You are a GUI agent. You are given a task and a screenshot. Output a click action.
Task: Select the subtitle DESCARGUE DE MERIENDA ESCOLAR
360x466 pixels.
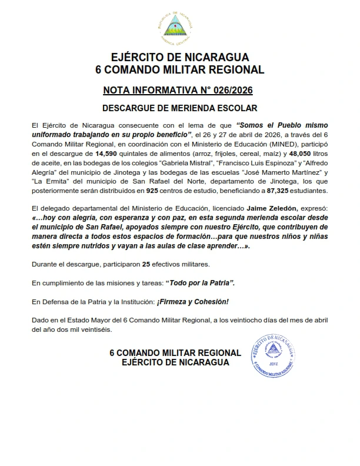(180, 108)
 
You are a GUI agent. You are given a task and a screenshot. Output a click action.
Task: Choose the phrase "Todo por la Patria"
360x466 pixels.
(201, 283)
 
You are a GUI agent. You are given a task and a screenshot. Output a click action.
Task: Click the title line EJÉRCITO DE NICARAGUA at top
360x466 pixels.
(180, 57)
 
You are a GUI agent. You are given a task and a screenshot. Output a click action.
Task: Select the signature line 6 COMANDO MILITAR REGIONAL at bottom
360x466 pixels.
(175, 353)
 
